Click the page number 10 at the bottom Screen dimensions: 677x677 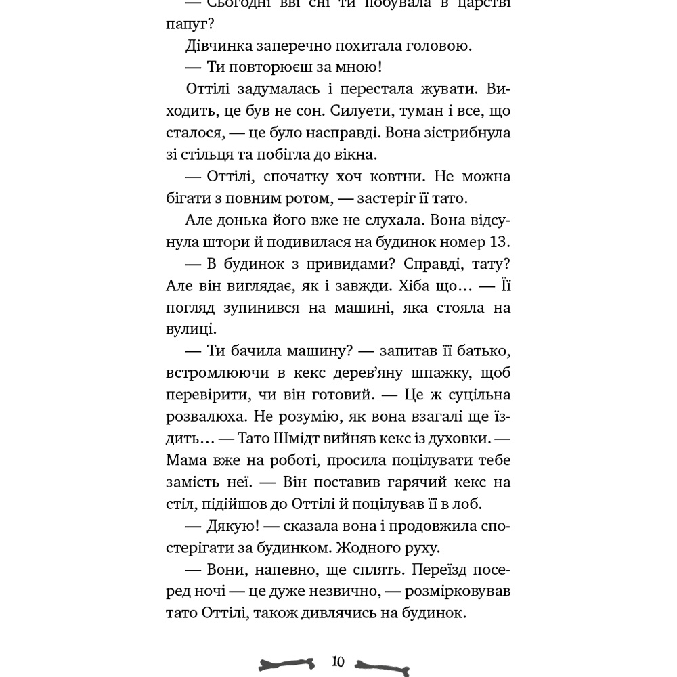pos(338,661)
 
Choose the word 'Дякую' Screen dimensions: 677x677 pos(232,525)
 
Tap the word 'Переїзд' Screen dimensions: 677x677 pos(419,569)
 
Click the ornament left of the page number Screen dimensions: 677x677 pos(287,664)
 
